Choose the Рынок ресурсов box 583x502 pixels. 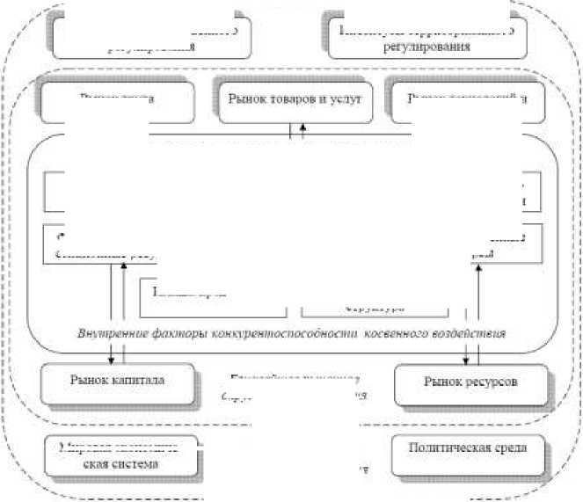470,383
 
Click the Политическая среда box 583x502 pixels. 468,449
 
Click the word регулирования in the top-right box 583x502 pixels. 421,46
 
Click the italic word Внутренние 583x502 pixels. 107,332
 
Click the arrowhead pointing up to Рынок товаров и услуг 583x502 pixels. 303,127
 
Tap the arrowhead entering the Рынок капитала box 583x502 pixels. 112,358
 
